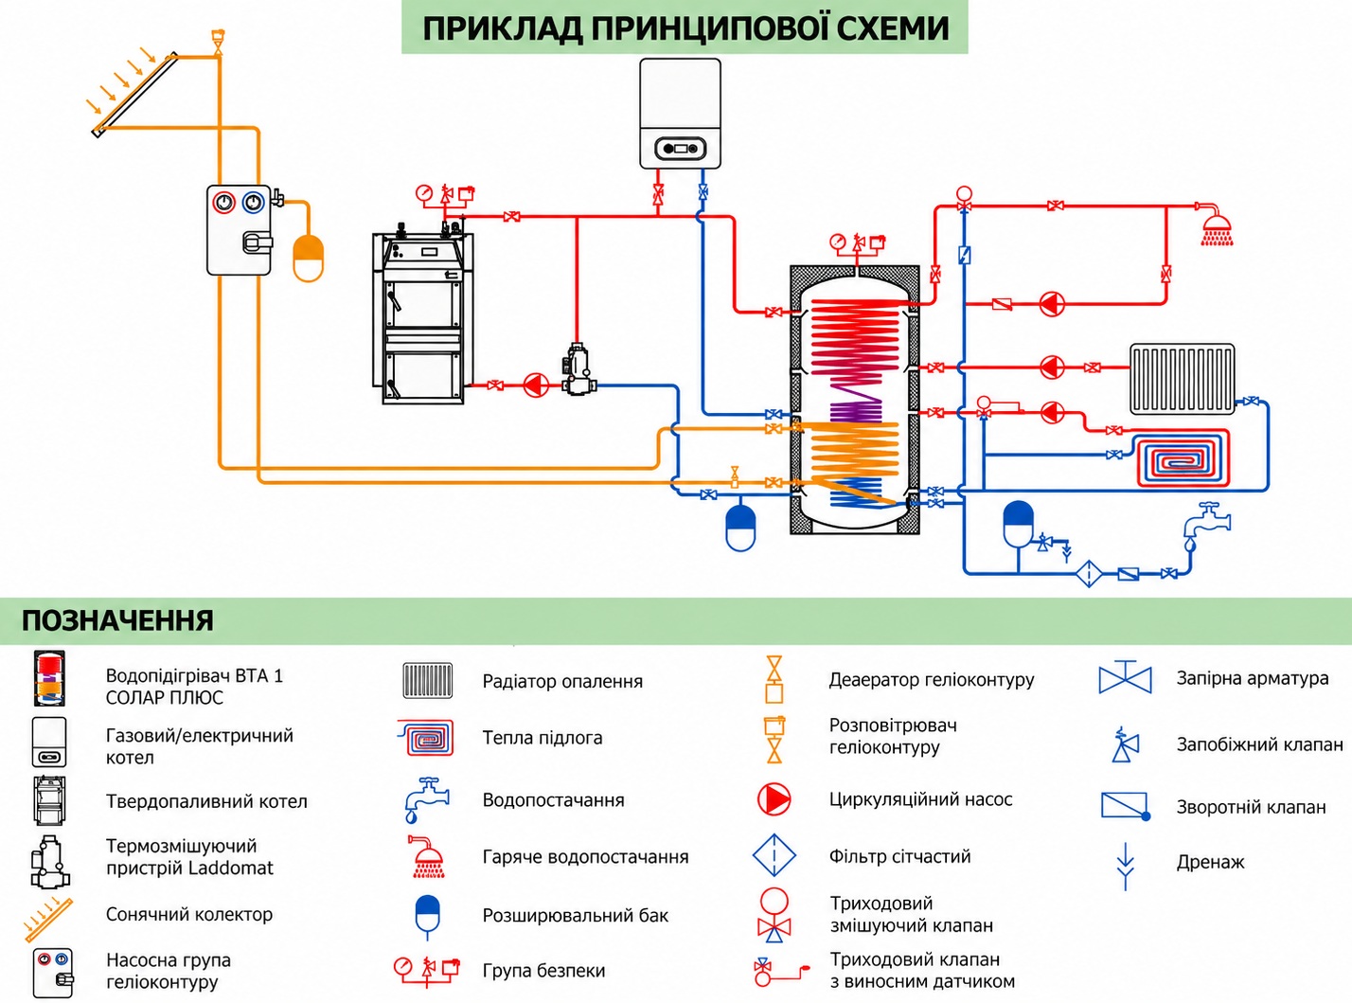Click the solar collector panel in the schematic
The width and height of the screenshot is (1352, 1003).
click(136, 95)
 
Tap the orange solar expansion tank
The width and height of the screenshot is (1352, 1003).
click(309, 258)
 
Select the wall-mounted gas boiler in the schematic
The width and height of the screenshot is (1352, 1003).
click(681, 114)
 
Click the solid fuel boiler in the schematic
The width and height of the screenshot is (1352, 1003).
click(423, 317)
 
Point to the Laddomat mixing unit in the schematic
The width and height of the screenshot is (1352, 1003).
click(578, 369)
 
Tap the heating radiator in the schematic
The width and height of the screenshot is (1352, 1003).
click(1182, 379)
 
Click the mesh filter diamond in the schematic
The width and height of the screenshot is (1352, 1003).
click(1090, 573)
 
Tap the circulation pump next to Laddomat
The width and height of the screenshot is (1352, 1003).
click(536, 385)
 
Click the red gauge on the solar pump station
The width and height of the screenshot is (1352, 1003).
click(223, 203)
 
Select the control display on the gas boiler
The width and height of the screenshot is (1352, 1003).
click(681, 148)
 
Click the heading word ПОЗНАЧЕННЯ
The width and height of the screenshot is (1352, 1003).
click(117, 620)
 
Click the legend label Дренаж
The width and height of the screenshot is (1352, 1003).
click(1210, 862)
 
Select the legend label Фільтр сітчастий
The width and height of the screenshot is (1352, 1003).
click(899, 856)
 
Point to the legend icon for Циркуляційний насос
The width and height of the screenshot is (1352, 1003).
click(774, 799)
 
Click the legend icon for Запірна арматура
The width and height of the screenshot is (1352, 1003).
click(1125, 677)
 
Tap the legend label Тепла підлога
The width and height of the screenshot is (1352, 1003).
click(543, 738)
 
